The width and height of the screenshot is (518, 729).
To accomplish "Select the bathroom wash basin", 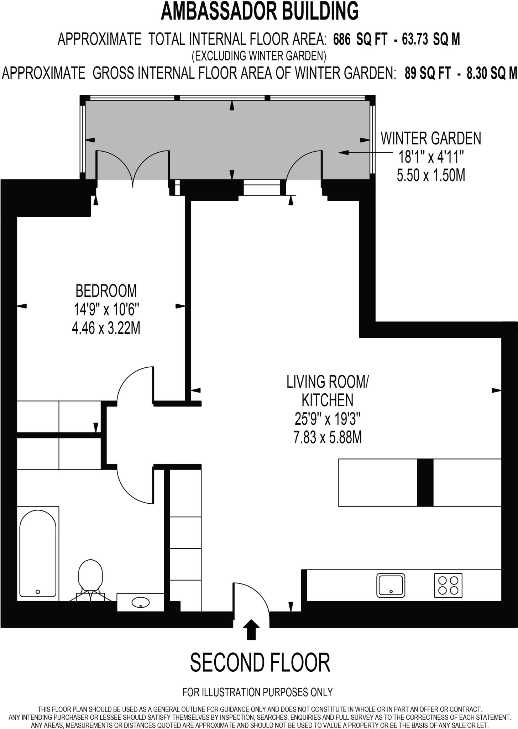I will pyautogui.click(x=141, y=602).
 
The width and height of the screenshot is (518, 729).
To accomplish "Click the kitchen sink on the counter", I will pyautogui.click(x=391, y=585).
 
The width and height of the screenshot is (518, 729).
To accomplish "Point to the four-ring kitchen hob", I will pyautogui.click(x=448, y=585).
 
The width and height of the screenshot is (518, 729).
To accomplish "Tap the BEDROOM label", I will pyautogui.click(x=106, y=291).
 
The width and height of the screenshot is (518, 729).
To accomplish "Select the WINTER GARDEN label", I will pyautogui.click(x=431, y=138).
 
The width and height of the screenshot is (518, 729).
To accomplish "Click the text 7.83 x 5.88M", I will pyautogui.click(x=328, y=437).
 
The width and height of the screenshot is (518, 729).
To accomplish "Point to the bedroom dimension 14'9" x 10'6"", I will pyautogui.click(x=106, y=309).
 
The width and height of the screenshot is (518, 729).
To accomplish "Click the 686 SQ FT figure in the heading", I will pyautogui.click(x=360, y=40).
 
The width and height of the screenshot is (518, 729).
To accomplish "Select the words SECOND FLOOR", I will pyautogui.click(x=260, y=663).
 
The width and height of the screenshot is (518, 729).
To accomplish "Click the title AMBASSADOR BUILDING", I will pyautogui.click(x=260, y=11).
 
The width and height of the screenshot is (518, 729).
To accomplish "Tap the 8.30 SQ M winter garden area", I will pyautogui.click(x=492, y=73).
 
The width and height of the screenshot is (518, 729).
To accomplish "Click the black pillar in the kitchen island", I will pyautogui.click(x=425, y=482).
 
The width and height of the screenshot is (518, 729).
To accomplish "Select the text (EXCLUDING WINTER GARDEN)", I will pyautogui.click(x=259, y=56).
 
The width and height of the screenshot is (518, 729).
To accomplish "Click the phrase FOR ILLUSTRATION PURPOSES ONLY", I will pyautogui.click(x=257, y=692).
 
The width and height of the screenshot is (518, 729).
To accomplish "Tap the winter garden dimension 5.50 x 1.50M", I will pyautogui.click(x=431, y=175).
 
